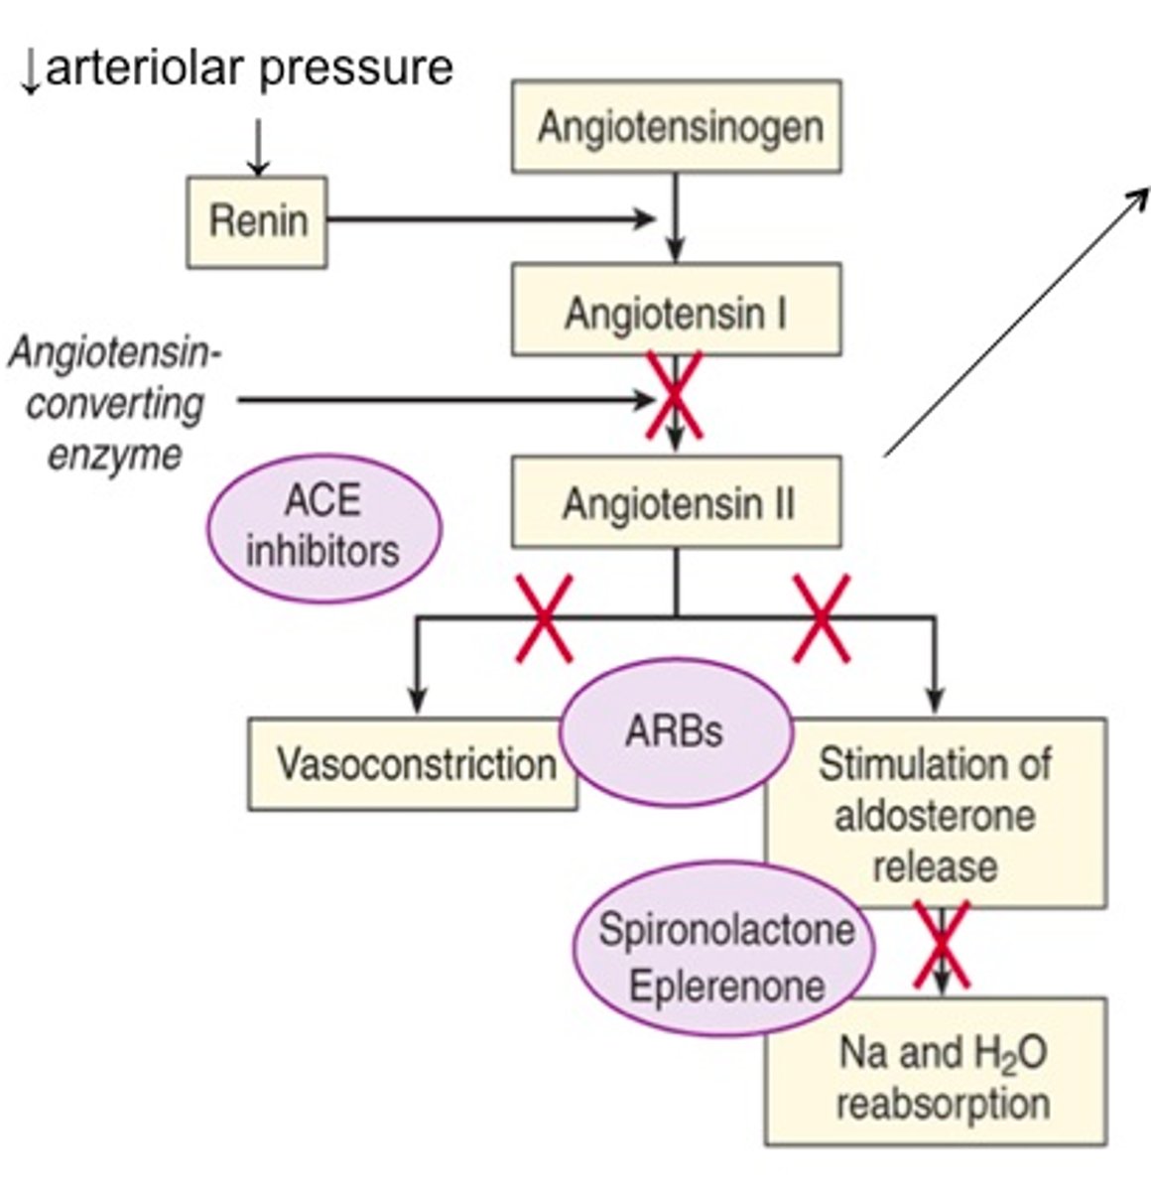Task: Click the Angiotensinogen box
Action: point(677,127)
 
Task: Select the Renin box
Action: point(257,221)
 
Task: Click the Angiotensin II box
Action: point(677,503)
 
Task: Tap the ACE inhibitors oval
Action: point(322,527)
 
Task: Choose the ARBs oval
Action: point(676,732)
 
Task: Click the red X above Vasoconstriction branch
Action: point(545,619)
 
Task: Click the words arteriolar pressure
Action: point(248,67)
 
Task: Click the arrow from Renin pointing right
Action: point(491,219)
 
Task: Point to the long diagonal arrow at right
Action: point(1017,320)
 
